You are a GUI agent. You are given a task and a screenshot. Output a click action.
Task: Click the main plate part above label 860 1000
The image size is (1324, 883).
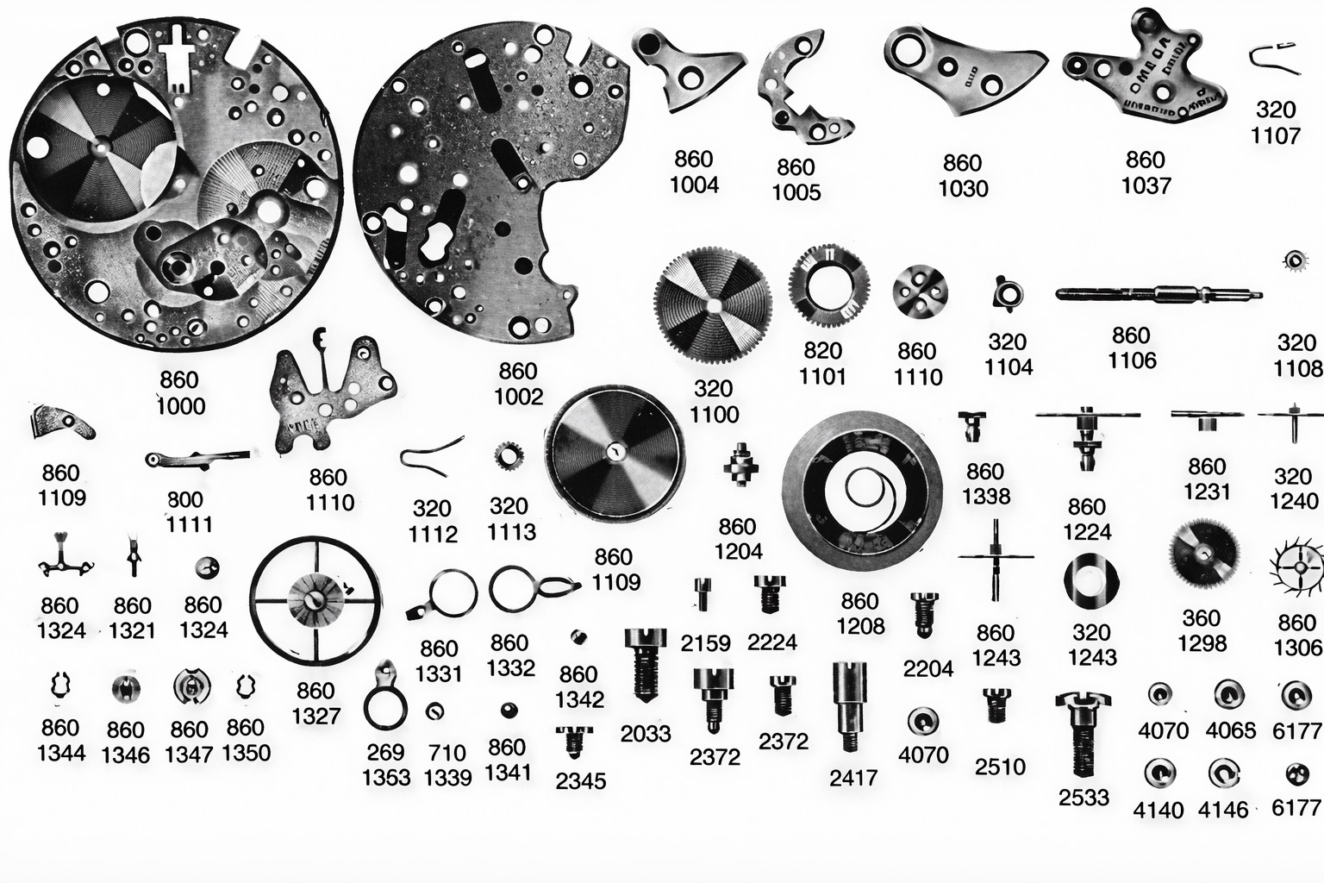click(x=177, y=185)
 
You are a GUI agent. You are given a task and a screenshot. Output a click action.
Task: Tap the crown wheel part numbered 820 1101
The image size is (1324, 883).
click(x=827, y=285)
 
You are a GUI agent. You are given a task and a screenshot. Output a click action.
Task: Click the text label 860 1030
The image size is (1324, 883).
click(x=962, y=175)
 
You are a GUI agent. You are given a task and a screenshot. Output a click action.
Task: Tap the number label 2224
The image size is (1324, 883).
click(x=772, y=642)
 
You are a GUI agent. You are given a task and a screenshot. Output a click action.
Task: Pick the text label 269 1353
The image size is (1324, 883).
click(x=385, y=765)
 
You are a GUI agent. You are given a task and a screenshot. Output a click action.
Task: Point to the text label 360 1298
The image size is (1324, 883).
click(x=1202, y=630)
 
